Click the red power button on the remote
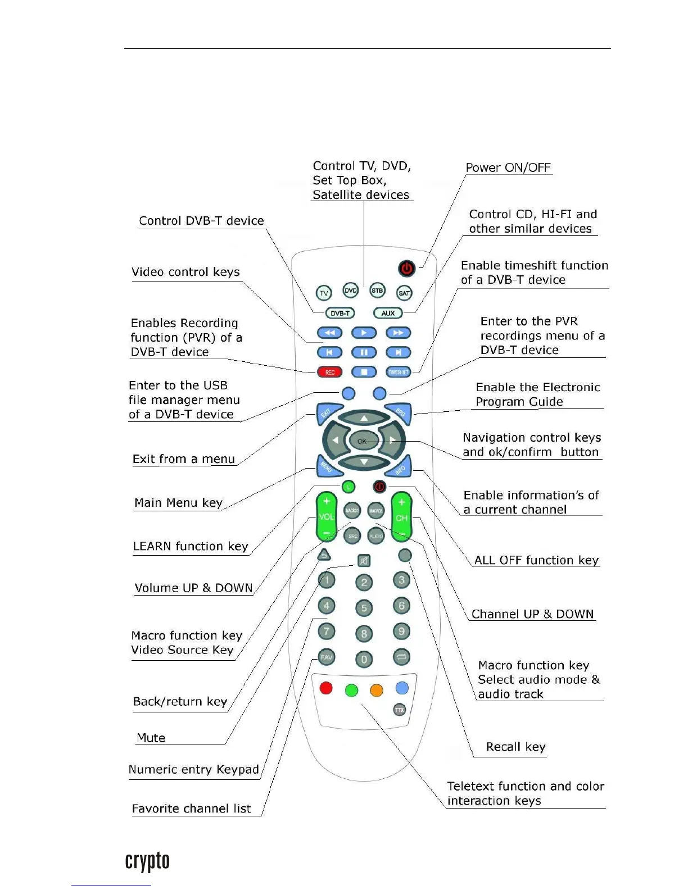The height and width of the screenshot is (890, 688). coord(406,269)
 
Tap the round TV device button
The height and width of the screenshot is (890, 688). coord(324,293)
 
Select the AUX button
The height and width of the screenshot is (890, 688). coord(388,313)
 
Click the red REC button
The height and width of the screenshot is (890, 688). coord(330,372)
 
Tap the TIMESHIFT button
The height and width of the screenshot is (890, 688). coord(399,372)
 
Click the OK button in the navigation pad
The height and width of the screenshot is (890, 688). coord(363,441)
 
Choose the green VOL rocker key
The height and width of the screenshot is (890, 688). coord(326,516)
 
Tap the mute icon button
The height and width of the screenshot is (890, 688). coord(364,561)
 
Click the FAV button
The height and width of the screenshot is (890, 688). coord(326,657)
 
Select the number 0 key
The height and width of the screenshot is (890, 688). coord(364,659)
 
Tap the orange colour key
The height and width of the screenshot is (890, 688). coord(377,689)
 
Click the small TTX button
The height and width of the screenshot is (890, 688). coord(400,710)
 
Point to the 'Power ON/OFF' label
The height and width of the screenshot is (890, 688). coord(508,167)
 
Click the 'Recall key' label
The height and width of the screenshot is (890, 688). coord(515,747)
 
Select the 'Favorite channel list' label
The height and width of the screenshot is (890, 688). coord(191,809)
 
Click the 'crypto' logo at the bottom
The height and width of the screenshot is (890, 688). coord(147,861)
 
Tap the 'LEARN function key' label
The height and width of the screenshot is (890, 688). coord(190,546)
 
